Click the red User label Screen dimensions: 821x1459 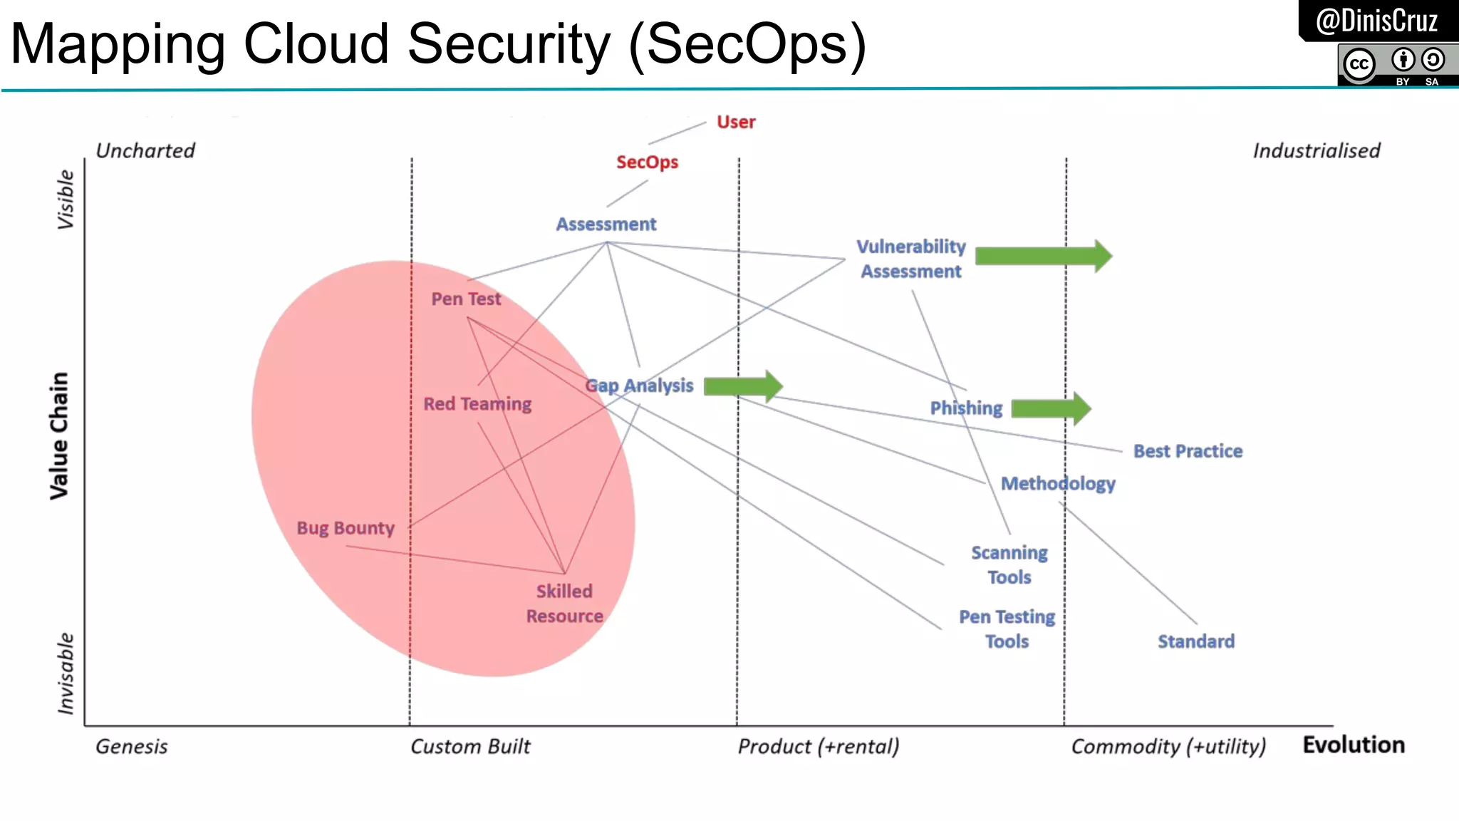point(736,122)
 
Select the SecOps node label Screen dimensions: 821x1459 point(647,162)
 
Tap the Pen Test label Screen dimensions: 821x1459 point(466,299)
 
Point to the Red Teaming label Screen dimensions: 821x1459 point(477,404)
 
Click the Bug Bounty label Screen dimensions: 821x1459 point(346,528)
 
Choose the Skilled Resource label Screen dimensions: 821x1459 point(564,604)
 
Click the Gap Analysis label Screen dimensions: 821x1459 point(639,386)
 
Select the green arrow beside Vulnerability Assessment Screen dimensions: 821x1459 point(1042,256)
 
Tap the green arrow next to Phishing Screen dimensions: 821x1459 point(1050,408)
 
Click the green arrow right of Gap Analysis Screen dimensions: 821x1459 point(742,386)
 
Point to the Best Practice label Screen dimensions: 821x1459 point(1188,451)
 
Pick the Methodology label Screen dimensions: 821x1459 point(1058,484)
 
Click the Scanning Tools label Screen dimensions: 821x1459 point(1009,564)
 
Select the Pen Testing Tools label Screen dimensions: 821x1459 point(1007,629)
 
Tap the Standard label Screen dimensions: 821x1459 point(1195,641)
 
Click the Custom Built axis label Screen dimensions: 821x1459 point(470,746)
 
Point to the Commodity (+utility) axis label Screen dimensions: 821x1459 point(1168,746)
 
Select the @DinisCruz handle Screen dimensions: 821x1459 point(1376,21)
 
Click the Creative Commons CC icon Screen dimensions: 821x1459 point(1359,64)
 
